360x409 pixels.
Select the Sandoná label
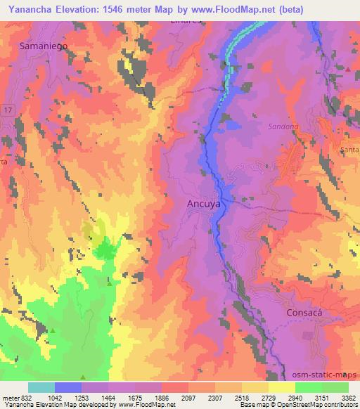283,127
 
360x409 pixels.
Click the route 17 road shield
7,112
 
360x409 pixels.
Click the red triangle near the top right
347,69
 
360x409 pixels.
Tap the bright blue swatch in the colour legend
68,387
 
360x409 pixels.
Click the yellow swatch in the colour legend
282,387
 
